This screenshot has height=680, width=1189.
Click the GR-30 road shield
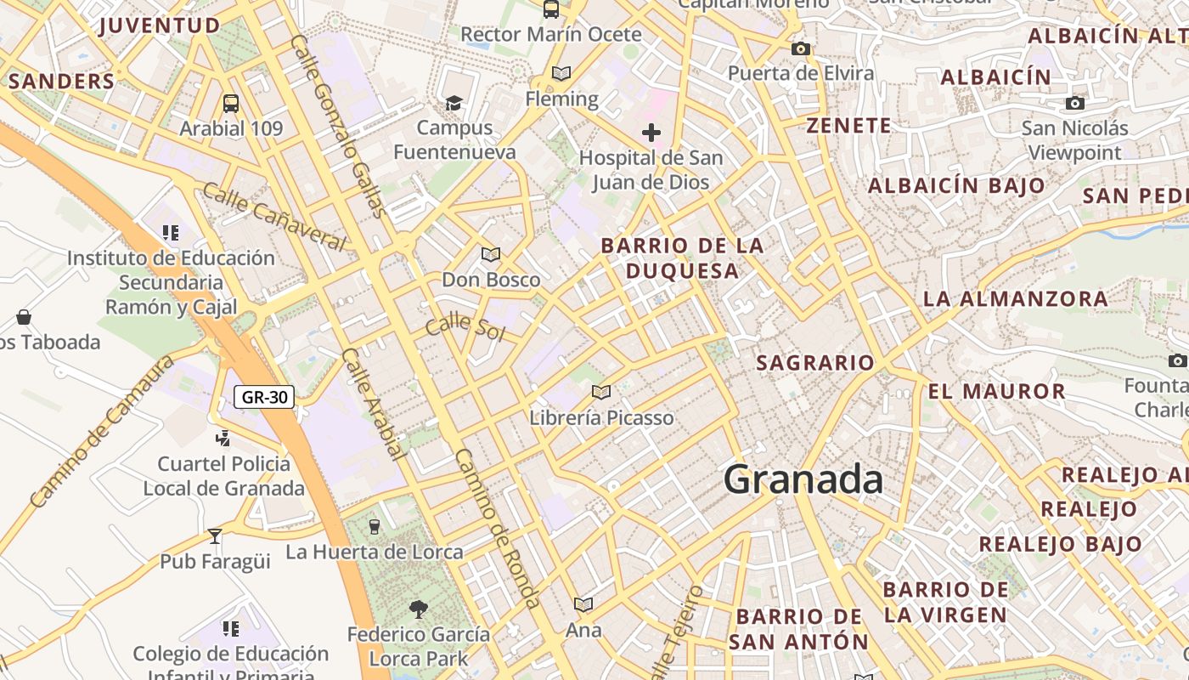pos(264,397)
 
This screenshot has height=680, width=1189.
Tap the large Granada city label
pos(803,479)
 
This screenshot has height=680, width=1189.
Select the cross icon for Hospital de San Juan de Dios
pos(651,133)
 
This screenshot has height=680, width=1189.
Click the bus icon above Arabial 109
pos(230,104)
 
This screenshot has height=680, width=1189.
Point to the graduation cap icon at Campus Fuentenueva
pos(454,103)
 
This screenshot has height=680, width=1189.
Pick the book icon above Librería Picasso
pos(601,392)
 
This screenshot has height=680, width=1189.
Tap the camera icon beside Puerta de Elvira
pos(800,48)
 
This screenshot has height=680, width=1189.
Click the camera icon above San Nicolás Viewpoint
pos(1075,103)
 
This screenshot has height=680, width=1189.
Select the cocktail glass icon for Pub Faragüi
pos(215,535)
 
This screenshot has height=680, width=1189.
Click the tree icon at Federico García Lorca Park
pos(418,608)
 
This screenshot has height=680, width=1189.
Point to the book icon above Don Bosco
pos(491,254)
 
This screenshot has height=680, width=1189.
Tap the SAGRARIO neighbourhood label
pos(814,363)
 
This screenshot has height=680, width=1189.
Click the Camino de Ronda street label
pos(498,528)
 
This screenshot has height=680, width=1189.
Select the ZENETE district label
pos(848,126)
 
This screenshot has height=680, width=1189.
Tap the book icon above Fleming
pos(561,73)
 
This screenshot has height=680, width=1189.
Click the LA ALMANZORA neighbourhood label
pos(1015,299)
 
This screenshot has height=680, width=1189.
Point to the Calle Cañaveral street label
pos(274,217)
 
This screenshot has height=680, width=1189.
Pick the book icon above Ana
pos(583,604)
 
